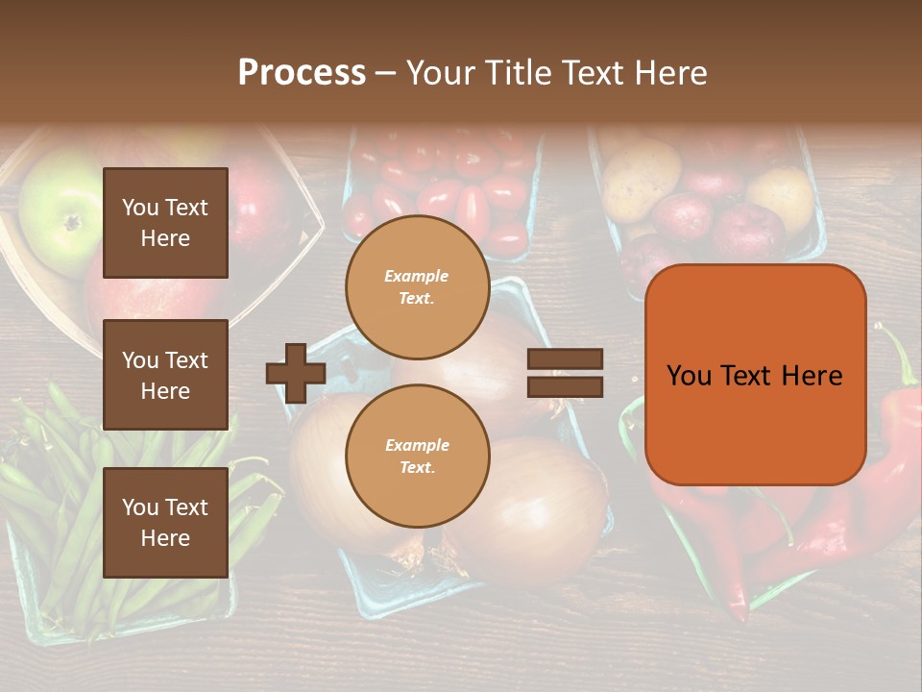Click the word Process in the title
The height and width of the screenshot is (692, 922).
[x=302, y=73]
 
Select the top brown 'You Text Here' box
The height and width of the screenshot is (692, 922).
[x=165, y=223]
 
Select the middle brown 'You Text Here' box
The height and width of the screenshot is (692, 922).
[x=165, y=375]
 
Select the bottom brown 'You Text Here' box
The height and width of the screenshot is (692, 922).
[x=165, y=522]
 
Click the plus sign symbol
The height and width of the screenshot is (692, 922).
[x=296, y=373]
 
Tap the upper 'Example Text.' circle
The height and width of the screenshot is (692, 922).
[x=417, y=287]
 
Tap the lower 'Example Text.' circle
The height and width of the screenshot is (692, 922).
[x=417, y=457]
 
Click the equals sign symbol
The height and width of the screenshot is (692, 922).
[x=565, y=373]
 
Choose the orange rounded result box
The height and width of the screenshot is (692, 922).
[x=755, y=375]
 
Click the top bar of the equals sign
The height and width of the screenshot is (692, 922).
[x=565, y=359]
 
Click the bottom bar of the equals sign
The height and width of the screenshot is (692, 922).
[x=565, y=386]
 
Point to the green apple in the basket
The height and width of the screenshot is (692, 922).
[x=60, y=219]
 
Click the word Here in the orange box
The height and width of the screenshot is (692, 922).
[x=812, y=376]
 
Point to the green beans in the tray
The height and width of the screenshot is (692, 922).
[x=58, y=500]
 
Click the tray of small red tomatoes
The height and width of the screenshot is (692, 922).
[x=442, y=192]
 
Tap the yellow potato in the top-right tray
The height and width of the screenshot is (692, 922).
[x=640, y=179]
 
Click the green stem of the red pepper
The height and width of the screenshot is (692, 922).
[x=898, y=356]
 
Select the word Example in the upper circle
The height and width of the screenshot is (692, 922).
[x=417, y=277]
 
